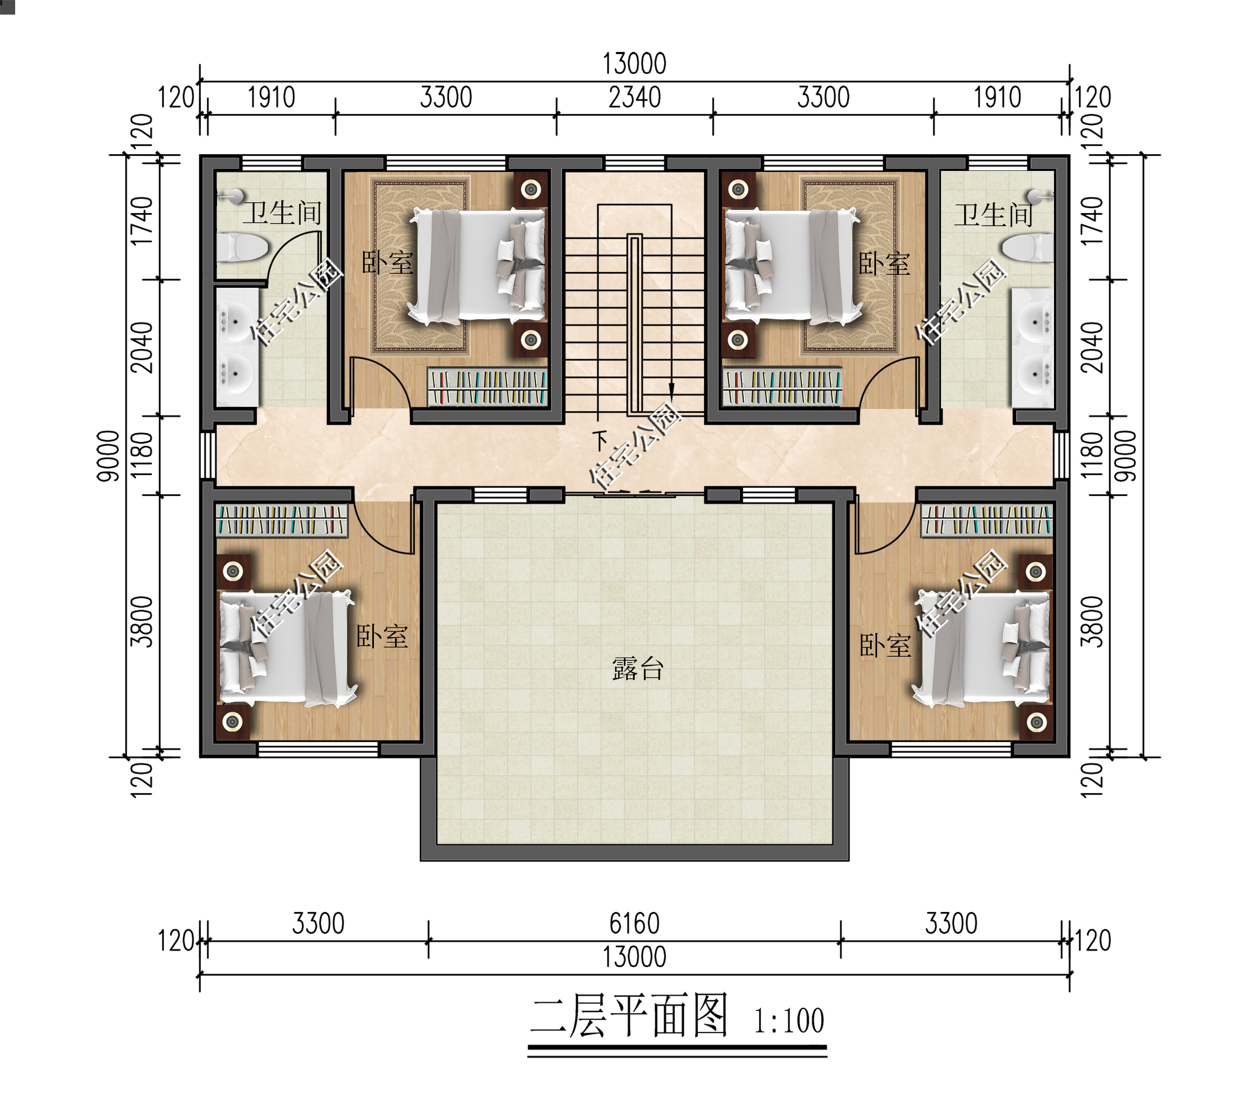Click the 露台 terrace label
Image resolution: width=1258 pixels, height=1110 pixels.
click(x=637, y=669)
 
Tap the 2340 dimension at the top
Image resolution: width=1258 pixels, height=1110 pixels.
click(x=635, y=98)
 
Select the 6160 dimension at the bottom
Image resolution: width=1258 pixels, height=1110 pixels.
click(x=635, y=923)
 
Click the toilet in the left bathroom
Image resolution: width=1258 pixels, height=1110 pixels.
click(x=242, y=247)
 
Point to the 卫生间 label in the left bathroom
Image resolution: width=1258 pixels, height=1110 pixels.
click(x=282, y=213)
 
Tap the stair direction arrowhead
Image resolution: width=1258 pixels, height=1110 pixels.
click(x=671, y=390)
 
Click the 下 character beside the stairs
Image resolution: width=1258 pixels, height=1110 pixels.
click(x=600, y=440)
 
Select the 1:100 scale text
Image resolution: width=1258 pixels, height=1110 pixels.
click(x=789, y=1021)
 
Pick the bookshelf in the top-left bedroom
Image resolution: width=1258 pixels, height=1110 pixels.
click(x=487, y=387)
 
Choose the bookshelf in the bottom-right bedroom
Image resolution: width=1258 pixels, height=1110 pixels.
click(x=986, y=520)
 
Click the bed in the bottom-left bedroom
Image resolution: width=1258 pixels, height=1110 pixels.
click(x=286, y=648)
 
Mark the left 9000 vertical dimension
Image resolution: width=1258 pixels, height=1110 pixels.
click(x=108, y=456)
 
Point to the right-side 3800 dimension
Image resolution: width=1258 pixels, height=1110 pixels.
click(x=1092, y=622)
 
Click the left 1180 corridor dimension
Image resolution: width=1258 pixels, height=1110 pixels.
click(x=142, y=455)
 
